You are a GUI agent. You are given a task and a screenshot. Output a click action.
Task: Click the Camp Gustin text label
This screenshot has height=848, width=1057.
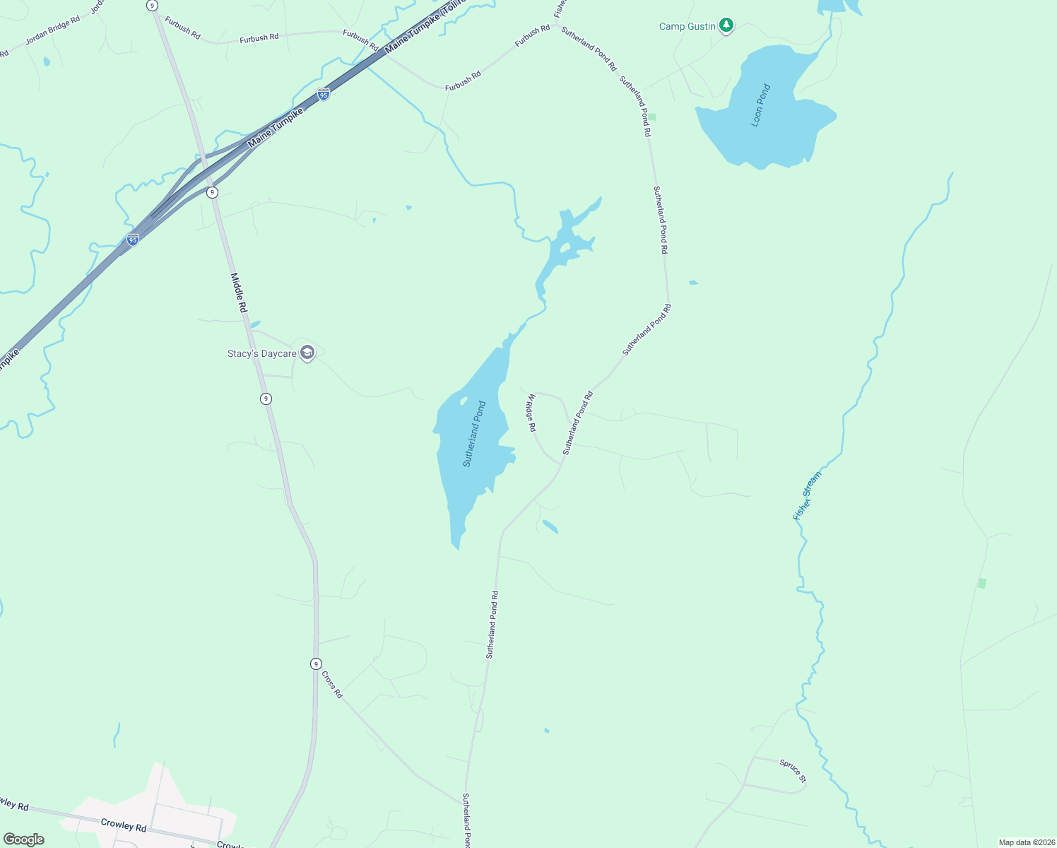(x=687, y=27)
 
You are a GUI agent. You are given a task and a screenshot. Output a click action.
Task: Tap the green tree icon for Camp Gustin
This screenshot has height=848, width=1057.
(x=726, y=26)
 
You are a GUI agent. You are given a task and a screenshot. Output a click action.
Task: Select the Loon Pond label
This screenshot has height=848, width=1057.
(x=760, y=105)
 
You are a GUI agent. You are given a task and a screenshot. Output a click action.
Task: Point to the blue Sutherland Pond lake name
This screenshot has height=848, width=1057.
(x=474, y=434)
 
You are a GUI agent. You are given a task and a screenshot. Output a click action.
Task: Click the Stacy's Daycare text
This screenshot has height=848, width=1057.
(x=261, y=354)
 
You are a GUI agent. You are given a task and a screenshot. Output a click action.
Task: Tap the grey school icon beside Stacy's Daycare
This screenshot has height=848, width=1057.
(x=307, y=353)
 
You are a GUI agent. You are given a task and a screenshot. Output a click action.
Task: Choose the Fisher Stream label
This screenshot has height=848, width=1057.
(x=807, y=495)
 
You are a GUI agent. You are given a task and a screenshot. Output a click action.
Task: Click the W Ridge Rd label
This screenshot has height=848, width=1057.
(x=531, y=413)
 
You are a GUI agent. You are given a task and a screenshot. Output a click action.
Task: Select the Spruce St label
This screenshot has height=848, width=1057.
(x=793, y=770)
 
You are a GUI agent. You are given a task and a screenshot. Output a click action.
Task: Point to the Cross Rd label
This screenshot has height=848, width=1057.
(x=332, y=684)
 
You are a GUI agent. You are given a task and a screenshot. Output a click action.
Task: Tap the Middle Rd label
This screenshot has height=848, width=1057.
(x=239, y=293)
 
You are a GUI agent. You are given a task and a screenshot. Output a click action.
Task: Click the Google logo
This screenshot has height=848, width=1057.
(x=24, y=839)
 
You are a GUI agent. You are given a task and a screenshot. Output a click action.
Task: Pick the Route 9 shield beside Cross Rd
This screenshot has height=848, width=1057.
(x=316, y=664)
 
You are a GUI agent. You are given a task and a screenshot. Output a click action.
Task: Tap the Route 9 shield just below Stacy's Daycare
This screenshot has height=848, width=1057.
(x=266, y=399)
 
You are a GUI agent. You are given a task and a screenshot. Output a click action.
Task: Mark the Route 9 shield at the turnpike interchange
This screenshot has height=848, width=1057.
(x=212, y=192)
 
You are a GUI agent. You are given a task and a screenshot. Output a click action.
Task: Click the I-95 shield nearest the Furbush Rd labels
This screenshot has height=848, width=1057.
(x=323, y=94)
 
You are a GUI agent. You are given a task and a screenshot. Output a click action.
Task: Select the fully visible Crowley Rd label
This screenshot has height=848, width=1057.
(x=123, y=825)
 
